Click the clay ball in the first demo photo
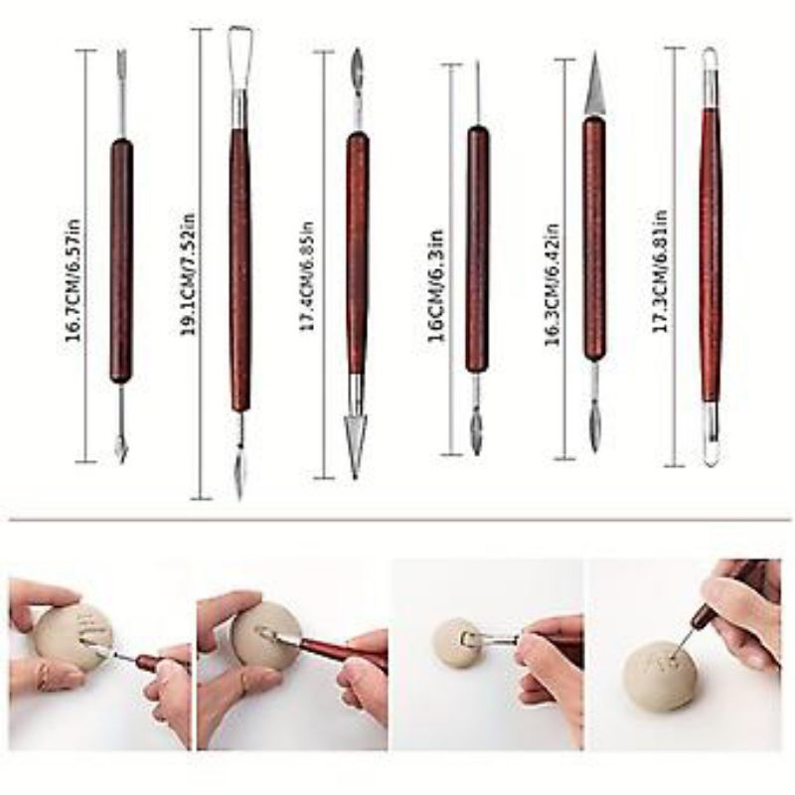75,636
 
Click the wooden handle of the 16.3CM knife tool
593,238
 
